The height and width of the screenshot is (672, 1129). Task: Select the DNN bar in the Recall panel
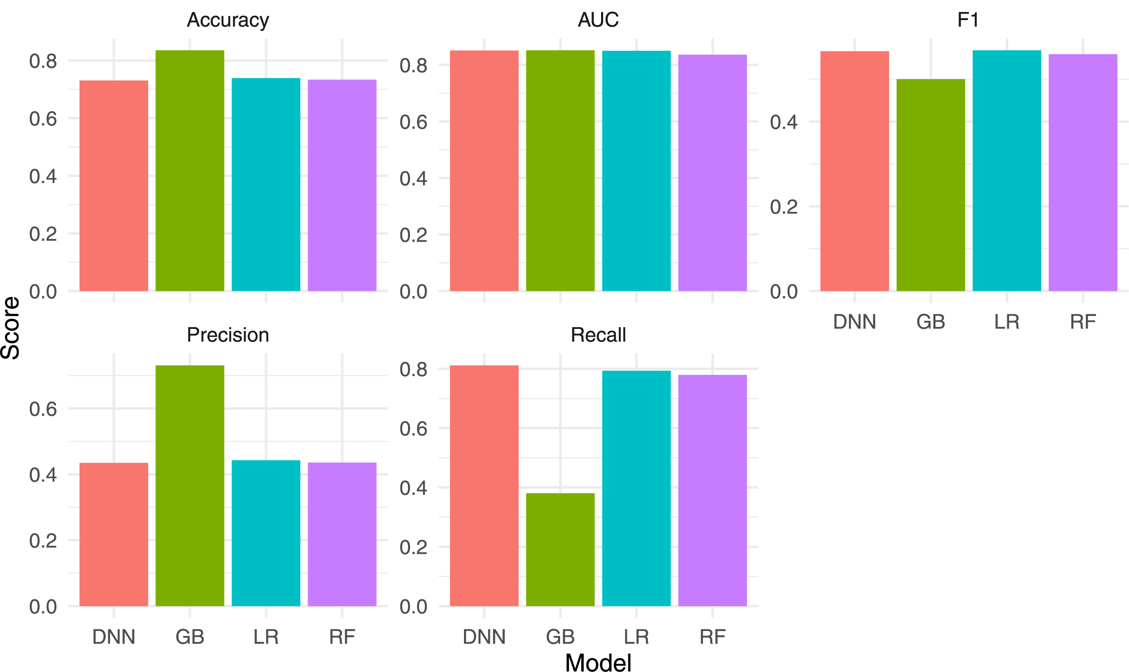pyautogui.click(x=484, y=486)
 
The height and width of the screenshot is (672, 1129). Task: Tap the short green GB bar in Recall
pyautogui.click(x=560, y=549)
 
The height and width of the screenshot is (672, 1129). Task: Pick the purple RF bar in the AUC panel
pyautogui.click(x=712, y=173)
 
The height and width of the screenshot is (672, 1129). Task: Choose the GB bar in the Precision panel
pyautogui.click(x=190, y=486)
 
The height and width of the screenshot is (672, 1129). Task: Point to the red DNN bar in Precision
pyautogui.click(x=114, y=535)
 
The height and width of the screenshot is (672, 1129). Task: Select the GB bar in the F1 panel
pyautogui.click(x=930, y=185)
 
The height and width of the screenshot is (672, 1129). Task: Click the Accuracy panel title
pyautogui.click(x=228, y=20)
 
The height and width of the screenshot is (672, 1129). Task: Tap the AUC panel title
pyautogui.click(x=598, y=20)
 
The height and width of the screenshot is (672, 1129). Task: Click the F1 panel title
pyautogui.click(x=968, y=20)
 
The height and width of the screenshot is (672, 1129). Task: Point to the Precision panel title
pyautogui.click(x=228, y=335)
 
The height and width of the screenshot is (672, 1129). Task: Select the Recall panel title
pyautogui.click(x=598, y=335)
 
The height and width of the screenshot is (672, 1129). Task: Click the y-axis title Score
pyautogui.click(x=11, y=328)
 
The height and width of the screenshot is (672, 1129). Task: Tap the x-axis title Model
pyautogui.click(x=598, y=662)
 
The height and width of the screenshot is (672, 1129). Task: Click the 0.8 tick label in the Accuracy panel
pyautogui.click(x=43, y=61)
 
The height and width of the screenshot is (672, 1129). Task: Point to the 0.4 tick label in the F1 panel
pyautogui.click(x=783, y=122)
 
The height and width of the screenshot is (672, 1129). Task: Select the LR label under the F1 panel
pyautogui.click(x=1006, y=322)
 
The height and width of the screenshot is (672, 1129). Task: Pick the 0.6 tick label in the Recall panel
pyautogui.click(x=413, y=428)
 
